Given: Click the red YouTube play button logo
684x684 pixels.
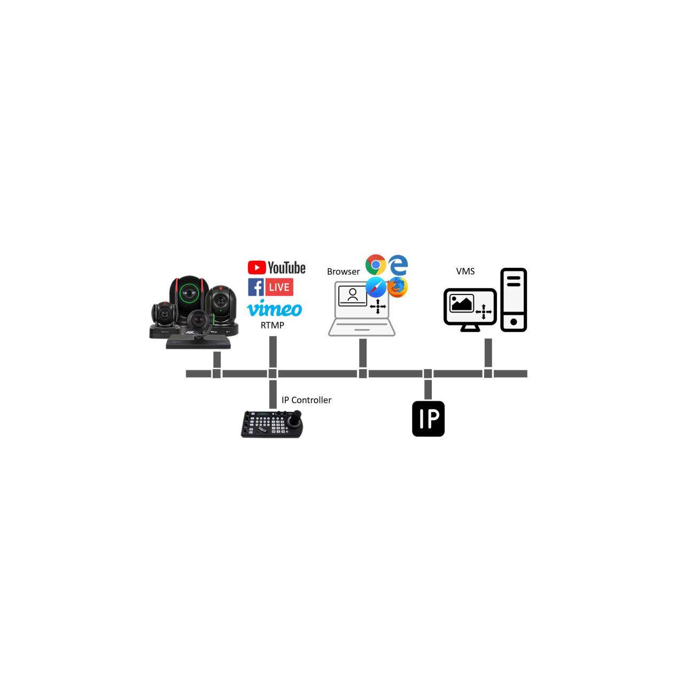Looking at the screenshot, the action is (256, 268).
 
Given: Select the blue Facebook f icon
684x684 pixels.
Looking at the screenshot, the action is (255, 287).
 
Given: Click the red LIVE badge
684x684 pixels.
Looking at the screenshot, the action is (279, 287).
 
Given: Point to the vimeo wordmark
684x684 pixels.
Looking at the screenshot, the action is (274, 308).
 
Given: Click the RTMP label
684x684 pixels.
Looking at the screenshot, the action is (272, 325).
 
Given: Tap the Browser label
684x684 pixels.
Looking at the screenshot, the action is (343, 271).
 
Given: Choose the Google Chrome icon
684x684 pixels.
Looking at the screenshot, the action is (376, 265).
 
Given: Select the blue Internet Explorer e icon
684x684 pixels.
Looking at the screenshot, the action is (398, 265).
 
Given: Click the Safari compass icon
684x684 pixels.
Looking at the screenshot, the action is (376, 287).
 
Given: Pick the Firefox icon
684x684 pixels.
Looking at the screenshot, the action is (398, 287).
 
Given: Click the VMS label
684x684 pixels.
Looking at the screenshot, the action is (465, 271).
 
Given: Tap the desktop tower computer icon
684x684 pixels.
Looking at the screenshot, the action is (513, 300).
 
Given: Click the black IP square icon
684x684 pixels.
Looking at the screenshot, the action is (428, 418).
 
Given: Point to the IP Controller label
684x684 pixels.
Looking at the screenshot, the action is (306, 400).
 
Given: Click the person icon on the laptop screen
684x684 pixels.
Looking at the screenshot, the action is (353, 294).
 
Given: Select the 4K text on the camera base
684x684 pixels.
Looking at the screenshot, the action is (190, 332).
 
